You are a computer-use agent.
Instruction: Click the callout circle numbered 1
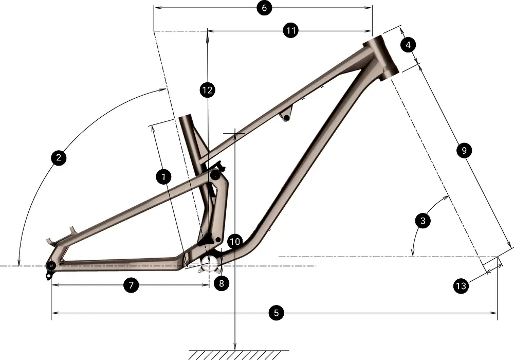[x=163, y=177]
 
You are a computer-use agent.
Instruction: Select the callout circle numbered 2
[x=59, y=157]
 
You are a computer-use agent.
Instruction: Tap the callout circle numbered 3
[x=423, y=221]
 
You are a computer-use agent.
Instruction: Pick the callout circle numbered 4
[x=408, y=45]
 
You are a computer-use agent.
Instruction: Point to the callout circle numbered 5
[x=276, y=312]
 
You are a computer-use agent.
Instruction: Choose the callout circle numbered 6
[x=264, y=8]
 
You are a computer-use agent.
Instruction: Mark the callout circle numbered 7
[x=131, y=285]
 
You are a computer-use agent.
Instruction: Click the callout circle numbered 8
[x=222, y=283]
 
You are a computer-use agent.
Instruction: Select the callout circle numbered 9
[x=463, y=150]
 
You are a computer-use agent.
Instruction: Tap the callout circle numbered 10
[x=235, y=241]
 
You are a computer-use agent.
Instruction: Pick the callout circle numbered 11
[x=291, y=30]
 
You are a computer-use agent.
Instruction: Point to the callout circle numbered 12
[x=207, y=91]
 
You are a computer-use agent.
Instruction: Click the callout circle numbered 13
[x=461, y=286]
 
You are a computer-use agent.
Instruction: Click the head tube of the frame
[x=381, y=57]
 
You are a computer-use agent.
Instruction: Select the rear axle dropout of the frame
[x=51, y=265]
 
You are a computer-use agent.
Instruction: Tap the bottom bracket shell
[x=210, y=266]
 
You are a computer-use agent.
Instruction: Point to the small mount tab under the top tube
[x=286, y=116]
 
